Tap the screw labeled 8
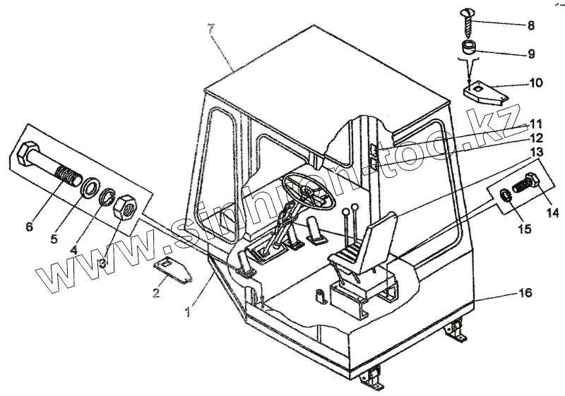point(470,23)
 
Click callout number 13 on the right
point(535,152)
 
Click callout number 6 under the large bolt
point(28,227)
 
